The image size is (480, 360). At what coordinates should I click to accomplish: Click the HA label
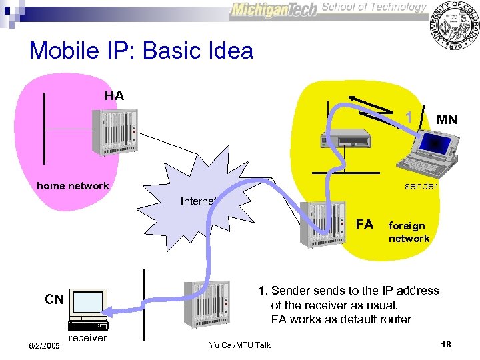pos(114,96)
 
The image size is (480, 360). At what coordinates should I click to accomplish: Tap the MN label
pos(447,120)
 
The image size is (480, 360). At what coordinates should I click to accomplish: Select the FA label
pos(365,224)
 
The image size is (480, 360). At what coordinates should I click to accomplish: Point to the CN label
pos(55,300)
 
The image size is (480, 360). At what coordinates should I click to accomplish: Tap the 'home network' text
pos(73,186)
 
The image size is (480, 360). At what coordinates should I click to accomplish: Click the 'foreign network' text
pos(409,232)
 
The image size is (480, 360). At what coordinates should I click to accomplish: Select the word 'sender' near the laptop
pos(421,186)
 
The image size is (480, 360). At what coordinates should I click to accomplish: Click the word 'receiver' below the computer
pos(87,338)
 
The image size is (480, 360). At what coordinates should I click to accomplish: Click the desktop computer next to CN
pos(88,311)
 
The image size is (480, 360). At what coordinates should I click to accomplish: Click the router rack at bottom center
pos(210,304)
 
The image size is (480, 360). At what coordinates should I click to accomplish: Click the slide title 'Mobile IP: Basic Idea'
pos(141,51)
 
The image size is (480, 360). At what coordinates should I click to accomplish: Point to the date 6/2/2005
pos(44,346)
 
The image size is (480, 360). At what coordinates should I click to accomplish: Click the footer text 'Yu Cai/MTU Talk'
pos(240,345)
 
